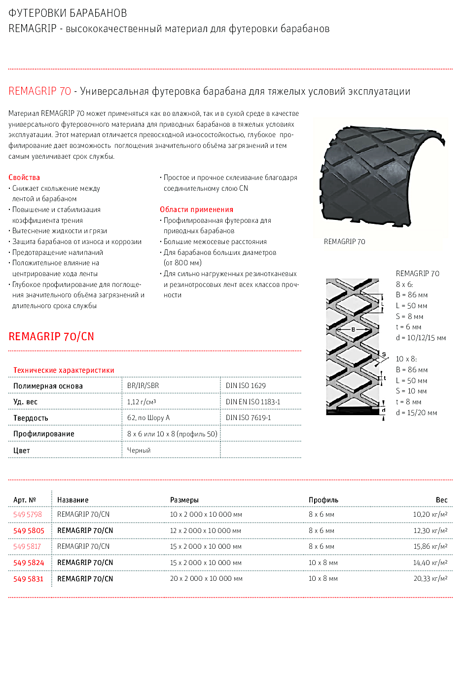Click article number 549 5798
coord(28,514)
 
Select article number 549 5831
coord(29,579)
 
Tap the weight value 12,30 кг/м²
coord(430,531)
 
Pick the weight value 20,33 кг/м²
coord(430,579)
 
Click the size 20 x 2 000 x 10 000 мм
coord(206,579)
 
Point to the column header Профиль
coord(323,500)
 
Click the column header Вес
coord(441,500)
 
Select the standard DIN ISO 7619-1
coord(248,418)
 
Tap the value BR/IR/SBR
coord(143,386)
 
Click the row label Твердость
coord(31,418)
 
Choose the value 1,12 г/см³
coord(142,402)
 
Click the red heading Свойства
coord(24,177)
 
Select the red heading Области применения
coord(196,210)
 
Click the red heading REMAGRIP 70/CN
coord(51,336)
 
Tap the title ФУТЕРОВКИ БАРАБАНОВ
coord(68,13)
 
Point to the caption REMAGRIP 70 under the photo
coord(345,242)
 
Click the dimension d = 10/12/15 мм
coord(421,338)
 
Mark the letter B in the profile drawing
coord(353,329)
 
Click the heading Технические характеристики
coord(64,370)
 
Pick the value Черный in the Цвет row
coord(139,450)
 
